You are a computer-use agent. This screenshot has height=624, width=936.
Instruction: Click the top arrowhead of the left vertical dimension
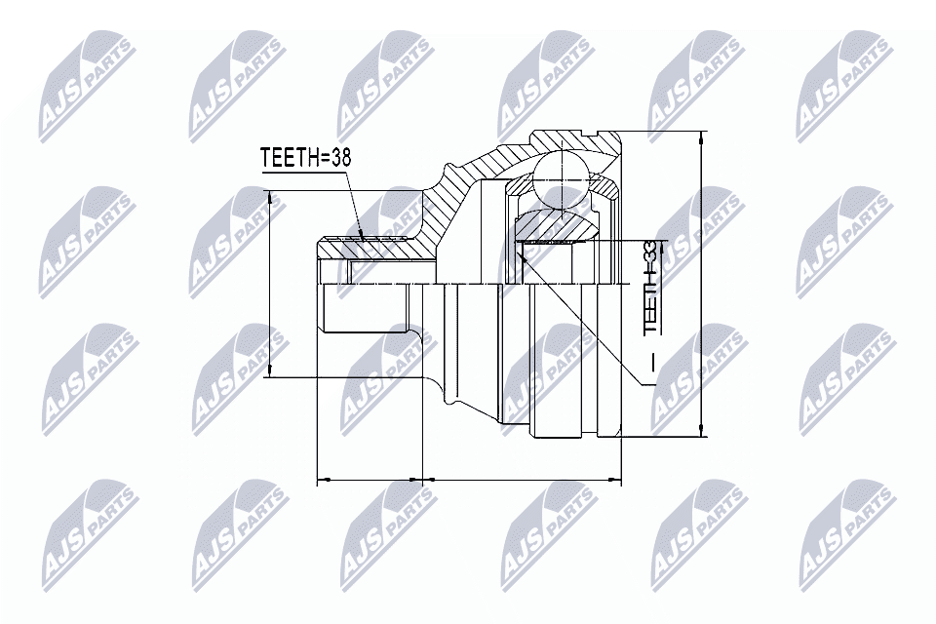(270, 196)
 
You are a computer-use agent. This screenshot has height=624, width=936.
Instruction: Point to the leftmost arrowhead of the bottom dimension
(324, 480)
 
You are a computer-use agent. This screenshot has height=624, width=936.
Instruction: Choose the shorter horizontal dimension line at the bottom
(370, 480)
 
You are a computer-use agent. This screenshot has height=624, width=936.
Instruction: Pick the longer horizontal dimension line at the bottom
(522, 480)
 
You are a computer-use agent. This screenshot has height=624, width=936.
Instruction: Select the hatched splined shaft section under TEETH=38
(375, 249)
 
